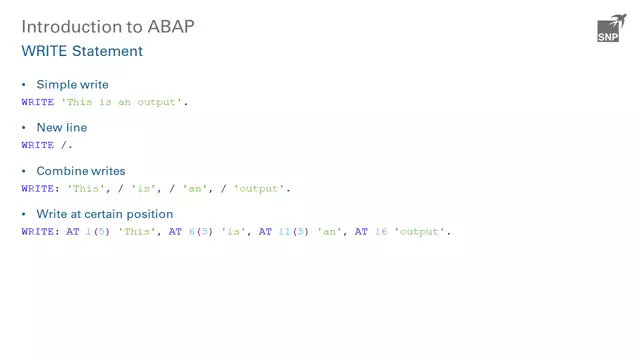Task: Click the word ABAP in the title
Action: [166, 26]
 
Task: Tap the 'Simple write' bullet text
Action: [72, 85]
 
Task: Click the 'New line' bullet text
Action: [61, 128]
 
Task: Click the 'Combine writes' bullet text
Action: [80, 171]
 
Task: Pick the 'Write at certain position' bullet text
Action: [104, 214]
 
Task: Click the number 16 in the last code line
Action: [381, 231]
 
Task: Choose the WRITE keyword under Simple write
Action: [38, 102]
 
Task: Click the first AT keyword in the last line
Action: [72, 231]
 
